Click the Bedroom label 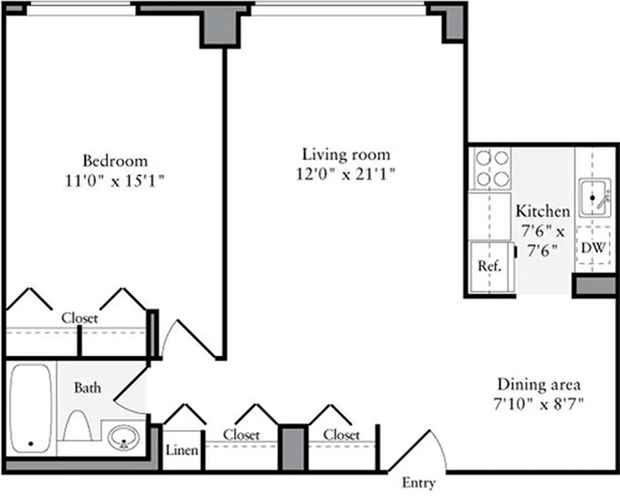point(116,161)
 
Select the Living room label point(346,154)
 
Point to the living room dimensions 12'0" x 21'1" point(346,174)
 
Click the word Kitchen point(542,211)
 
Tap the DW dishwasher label point(593,248)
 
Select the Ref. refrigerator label point(489,267)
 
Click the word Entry point(418,483)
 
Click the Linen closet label point(182,450)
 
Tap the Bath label point(87,389)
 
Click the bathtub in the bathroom point(31,409)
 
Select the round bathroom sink point(123,440)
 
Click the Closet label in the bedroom point(79,319)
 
